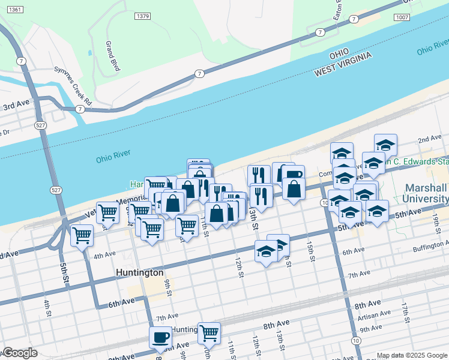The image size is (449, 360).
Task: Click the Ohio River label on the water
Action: coord(113,159)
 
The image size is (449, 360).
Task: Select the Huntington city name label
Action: coord(139,272)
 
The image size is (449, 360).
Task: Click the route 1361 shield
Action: coord(16,10)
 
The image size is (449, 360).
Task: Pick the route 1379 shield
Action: coord(142,16)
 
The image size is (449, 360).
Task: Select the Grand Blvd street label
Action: coord(112,56)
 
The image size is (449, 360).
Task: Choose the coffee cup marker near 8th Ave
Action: coord(160,337)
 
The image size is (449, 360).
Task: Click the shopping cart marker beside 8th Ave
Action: coord(209,332)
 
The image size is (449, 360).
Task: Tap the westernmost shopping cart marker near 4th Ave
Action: coord(82,235)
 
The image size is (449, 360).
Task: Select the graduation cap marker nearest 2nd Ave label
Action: coord(385,145)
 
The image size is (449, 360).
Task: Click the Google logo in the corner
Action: coord(20,353)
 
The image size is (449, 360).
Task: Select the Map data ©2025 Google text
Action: coord(411,355)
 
